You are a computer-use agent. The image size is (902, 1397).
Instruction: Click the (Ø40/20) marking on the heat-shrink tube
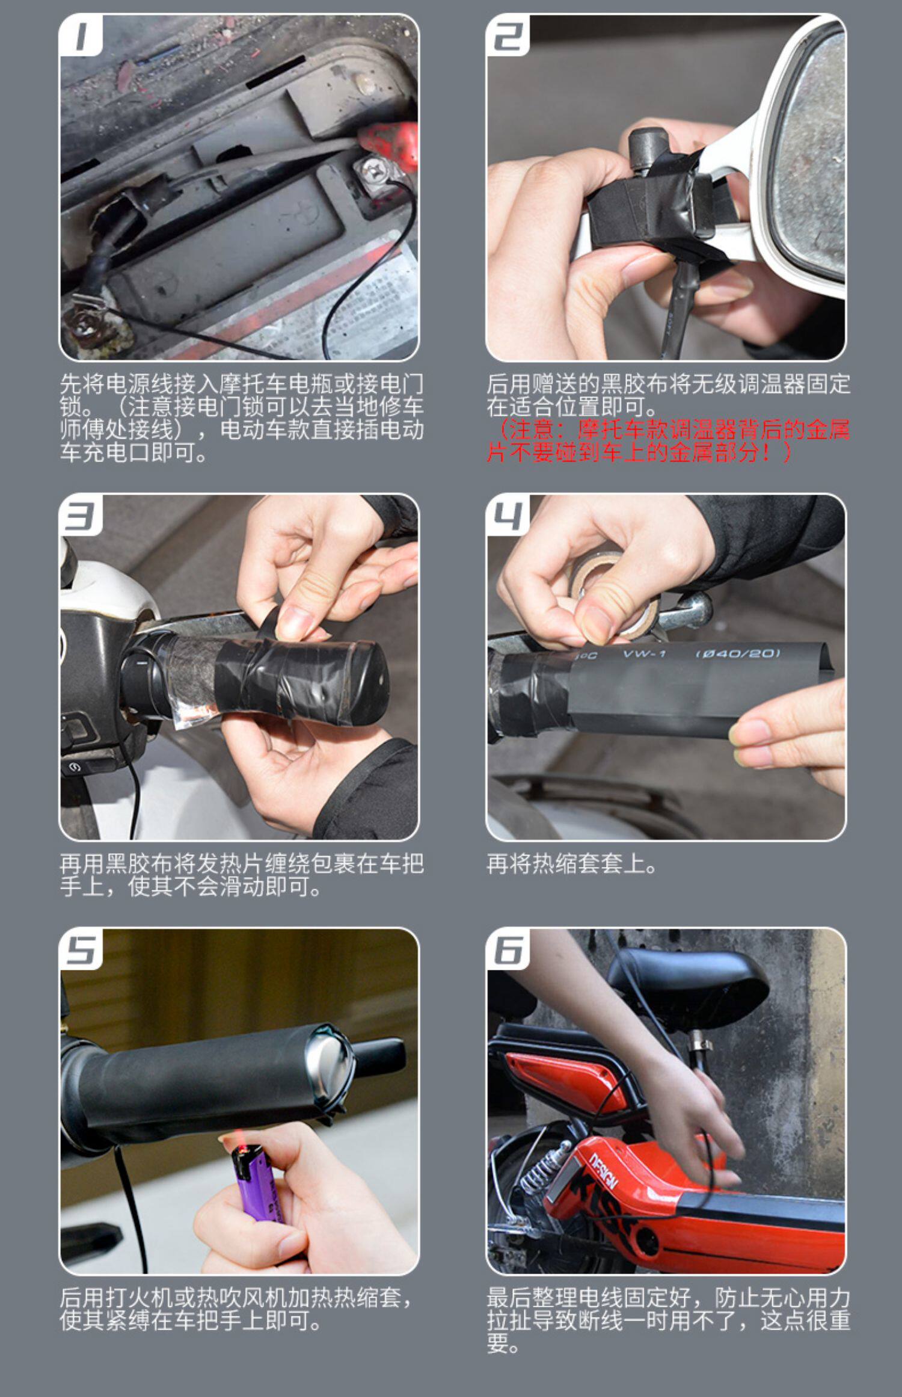point(738,653)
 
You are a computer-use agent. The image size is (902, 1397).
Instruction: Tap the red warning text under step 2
point(668,442)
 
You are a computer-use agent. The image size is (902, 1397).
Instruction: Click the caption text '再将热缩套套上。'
point(571,864)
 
